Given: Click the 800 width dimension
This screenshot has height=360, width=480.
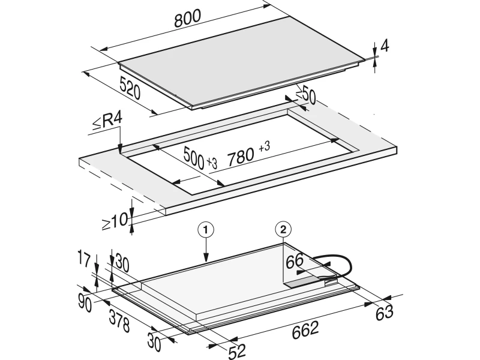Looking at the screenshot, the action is (x=187, y=19).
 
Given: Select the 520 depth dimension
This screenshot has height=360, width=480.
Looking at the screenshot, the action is (x=130, y=88).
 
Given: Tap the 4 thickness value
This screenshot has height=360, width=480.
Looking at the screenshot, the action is (x=385, y=46).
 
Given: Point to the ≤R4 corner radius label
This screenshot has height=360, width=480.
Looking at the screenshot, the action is (x=107, y=121).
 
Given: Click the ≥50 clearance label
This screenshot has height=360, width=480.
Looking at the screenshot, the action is (x=306, y=95).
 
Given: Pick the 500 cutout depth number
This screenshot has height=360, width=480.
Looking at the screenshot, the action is (x=194, y=158).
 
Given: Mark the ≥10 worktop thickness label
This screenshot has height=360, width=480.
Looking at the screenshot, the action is (x=115, y=221).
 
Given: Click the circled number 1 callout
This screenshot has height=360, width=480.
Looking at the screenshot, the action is (x=206, y=230).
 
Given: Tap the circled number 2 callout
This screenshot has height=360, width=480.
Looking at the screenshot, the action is (x=283, y=229).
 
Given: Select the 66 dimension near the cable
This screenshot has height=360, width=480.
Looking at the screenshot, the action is (x=295, y=261).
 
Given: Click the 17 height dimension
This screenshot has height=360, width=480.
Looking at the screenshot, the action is (x=84, y=259).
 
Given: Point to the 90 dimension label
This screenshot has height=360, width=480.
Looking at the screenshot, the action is (x=85, y=303).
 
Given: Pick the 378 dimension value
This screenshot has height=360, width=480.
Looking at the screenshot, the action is (x=119, y=320).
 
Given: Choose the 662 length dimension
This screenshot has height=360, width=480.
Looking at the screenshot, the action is (x=305, y=330).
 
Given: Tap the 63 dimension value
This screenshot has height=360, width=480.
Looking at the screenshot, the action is (x=384, y=313).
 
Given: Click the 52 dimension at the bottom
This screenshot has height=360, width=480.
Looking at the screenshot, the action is (x=237, y=352).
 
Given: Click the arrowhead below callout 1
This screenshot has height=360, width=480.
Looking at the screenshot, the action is (x=206, y=259).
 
